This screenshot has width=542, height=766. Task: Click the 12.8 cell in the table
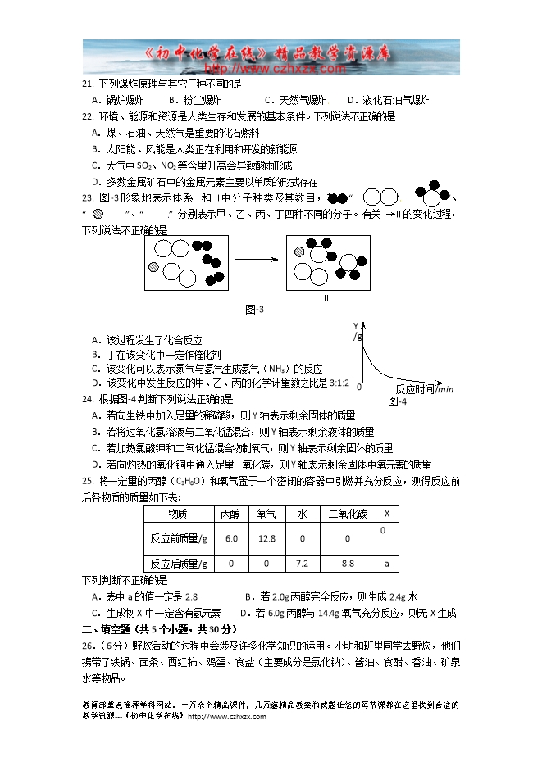pos(266,538)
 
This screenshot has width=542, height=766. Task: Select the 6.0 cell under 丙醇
pos(230,538)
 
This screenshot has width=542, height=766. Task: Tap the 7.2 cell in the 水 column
pos(301,564)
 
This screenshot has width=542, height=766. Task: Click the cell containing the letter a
pos(386,564)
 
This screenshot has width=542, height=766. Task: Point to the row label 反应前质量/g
pos(179,538)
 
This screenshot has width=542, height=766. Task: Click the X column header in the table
pos(386,514)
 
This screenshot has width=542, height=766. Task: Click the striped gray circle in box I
pos(153,267)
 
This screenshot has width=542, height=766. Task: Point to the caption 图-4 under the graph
pos(397,401)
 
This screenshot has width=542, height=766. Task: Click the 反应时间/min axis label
pos(424,389)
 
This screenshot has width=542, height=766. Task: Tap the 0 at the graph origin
pos(360,387)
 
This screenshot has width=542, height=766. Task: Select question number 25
pos(89,480)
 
